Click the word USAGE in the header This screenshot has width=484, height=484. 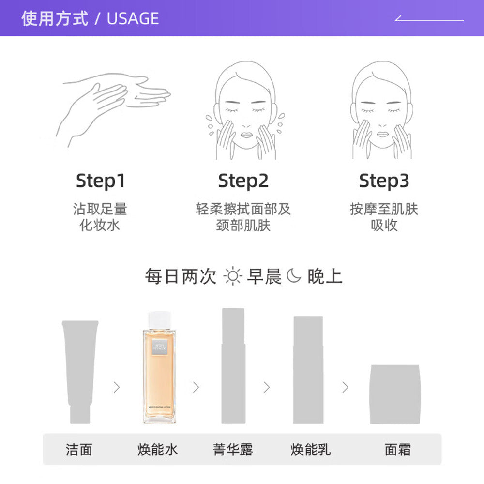coord(133,18)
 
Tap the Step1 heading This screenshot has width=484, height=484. coord(100,181)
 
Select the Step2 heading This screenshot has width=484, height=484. coord(243,181)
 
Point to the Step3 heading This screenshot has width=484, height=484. coord(384,181)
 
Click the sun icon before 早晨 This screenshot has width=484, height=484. coord(232,276)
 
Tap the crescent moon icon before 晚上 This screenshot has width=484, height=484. coord(293,276)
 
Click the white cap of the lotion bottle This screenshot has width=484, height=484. coord(159,319)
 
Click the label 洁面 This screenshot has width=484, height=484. coord(79,449)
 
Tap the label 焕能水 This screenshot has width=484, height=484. coord(158,449)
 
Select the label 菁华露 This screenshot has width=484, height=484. coord(233,449)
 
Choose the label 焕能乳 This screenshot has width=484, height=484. coord(311,449)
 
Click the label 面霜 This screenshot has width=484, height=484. coord(398,449)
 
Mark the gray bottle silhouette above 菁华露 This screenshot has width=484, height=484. coord(233,368)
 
